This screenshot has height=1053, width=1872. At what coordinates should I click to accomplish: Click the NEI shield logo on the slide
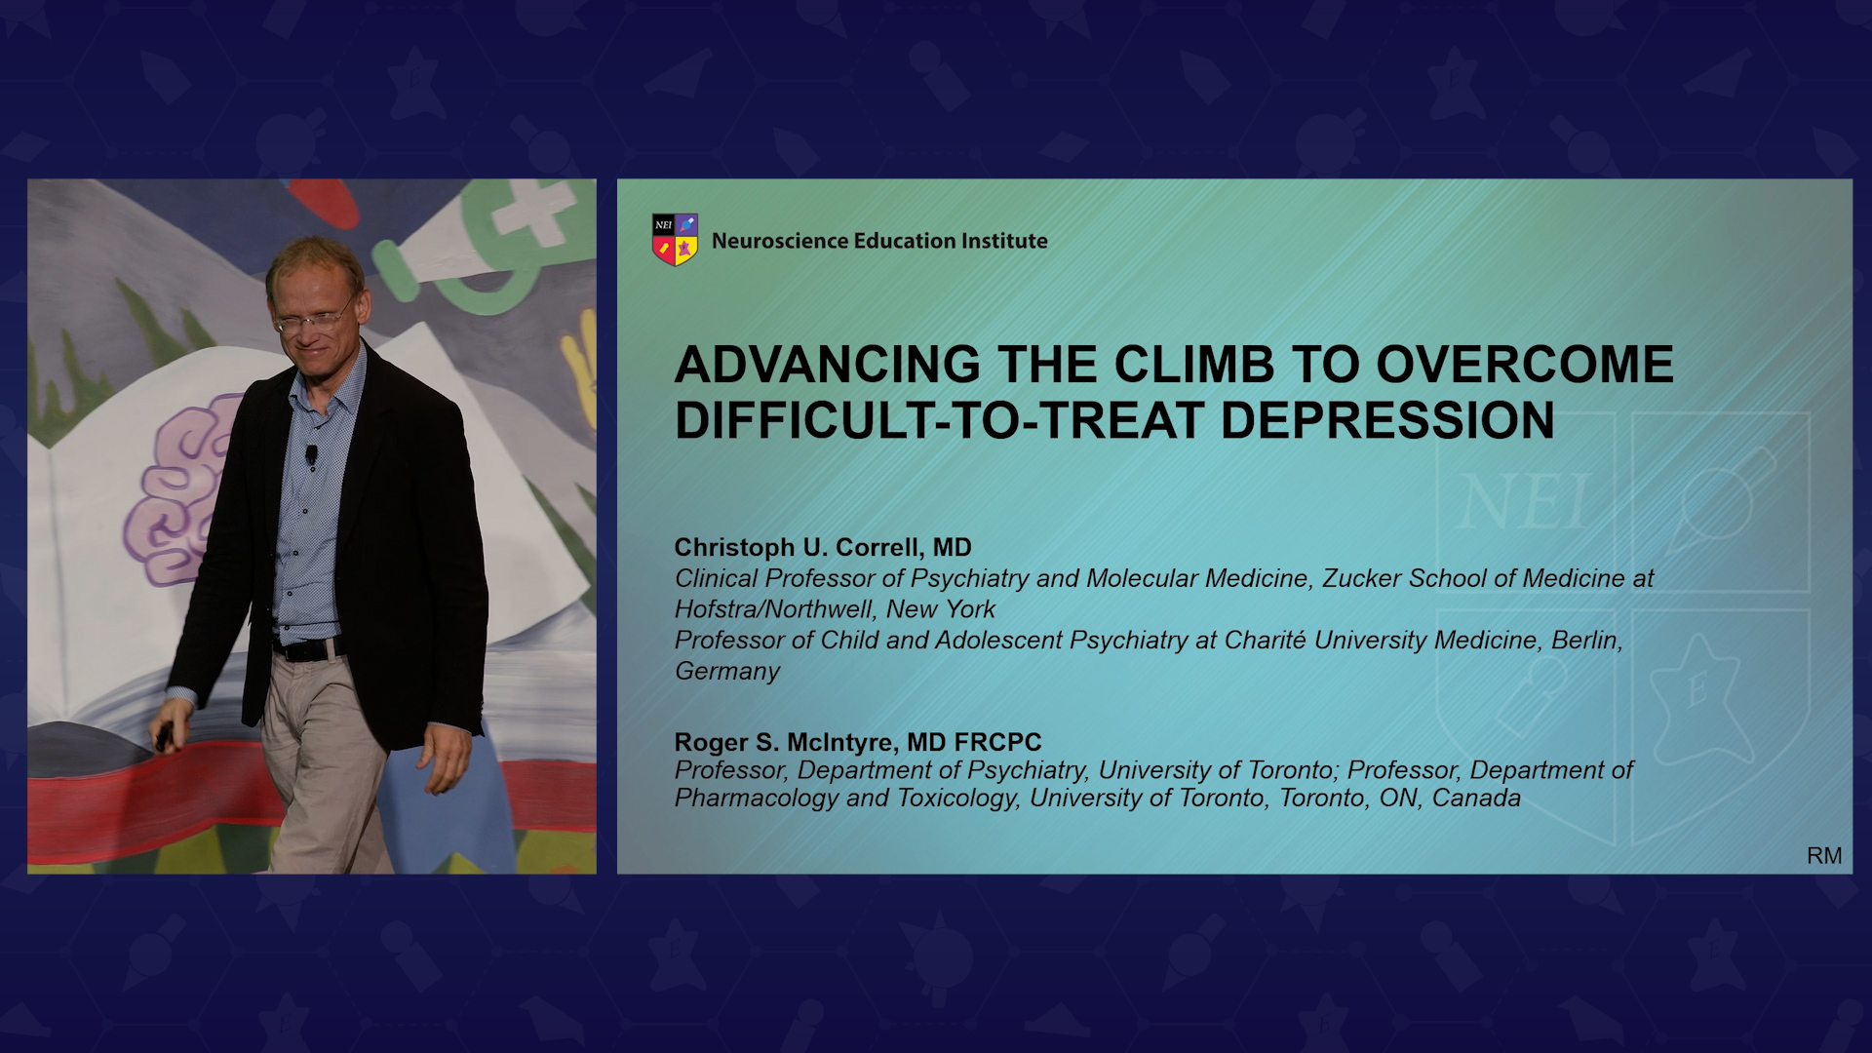coord(675,240)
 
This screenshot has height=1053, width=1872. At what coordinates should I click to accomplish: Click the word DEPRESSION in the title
coord(1387,421)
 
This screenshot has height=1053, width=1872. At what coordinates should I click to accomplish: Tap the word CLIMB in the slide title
coord(1193,365)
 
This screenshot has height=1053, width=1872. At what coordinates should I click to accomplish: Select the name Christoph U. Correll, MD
coord(823,547)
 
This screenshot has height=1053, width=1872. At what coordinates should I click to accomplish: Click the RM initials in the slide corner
coord(1824,855)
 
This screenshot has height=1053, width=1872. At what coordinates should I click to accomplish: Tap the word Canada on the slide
coord(1476,798)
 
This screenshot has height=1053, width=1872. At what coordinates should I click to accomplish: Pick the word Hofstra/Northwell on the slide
coord(775,609)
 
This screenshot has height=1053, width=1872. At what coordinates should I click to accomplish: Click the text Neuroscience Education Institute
coord(879,241)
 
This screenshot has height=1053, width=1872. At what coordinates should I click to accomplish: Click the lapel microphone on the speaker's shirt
coord(311,454)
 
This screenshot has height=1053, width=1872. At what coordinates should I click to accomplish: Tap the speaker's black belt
coord(307,648)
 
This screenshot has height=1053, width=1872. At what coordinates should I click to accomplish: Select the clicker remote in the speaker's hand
coord(165,736)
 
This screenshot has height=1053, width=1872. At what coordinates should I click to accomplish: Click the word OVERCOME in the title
coord(1525,365)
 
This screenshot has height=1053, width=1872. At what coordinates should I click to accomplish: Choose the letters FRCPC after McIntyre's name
coord(998,742)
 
